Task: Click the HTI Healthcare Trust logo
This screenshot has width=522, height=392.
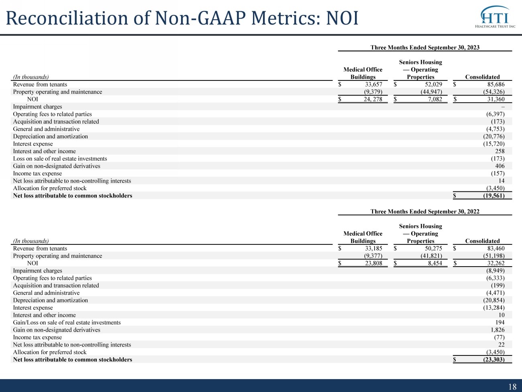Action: point(495,16)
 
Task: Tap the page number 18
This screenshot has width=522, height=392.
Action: point(512,386)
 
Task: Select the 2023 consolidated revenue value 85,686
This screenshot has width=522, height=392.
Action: point(496,84)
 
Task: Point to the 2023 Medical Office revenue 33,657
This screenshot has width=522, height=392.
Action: point(373,84)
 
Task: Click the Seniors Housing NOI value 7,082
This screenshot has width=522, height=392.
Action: point(435,99)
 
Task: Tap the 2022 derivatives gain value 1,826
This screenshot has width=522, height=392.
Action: point(498,330)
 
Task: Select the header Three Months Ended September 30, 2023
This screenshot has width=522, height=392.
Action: point(425,47)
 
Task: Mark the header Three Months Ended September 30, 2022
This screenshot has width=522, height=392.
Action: point(425,211)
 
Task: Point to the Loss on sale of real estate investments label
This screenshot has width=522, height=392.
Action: point(60,158)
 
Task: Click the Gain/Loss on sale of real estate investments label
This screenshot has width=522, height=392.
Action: point(67,322)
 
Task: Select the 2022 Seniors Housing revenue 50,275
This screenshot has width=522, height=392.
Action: point(434,248)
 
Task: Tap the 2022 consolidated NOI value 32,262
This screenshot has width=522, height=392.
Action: point(496,263)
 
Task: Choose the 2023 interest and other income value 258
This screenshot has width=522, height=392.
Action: point(500,151)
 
